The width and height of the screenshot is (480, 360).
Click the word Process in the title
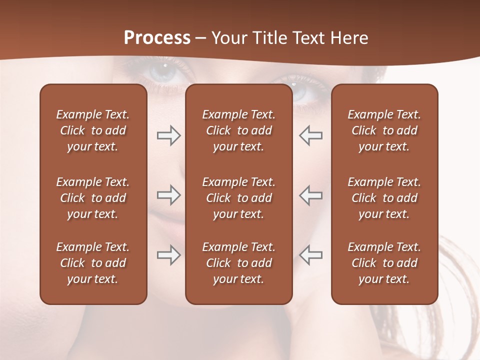(x=157, y=38)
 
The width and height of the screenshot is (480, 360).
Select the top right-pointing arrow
(x=168, y=135)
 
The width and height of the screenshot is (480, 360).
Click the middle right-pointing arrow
(x=168, y=195)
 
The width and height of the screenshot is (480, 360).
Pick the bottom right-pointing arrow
(x=168, y=255)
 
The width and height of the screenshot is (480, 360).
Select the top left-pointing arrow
(x=311, y=135)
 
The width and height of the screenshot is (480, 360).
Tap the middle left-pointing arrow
(x=311, y=195)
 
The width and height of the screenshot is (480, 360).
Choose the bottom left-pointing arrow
(x=311, y=255)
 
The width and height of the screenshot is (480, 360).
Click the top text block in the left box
(x=93, y=130)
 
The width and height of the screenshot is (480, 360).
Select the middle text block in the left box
(x=93, y=198)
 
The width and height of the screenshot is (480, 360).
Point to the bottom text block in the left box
(x=93, y=263)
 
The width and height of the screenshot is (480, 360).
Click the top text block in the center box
(x=239, y=130)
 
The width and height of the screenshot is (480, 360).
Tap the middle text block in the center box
(x=239, y=198)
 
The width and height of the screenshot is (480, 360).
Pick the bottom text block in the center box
(x=239, y=263)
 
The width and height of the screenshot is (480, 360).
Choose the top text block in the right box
(x=384, y=130)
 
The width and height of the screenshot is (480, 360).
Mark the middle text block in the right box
(x=384, y=198)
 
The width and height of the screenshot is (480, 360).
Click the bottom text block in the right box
(x=384, y=263)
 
